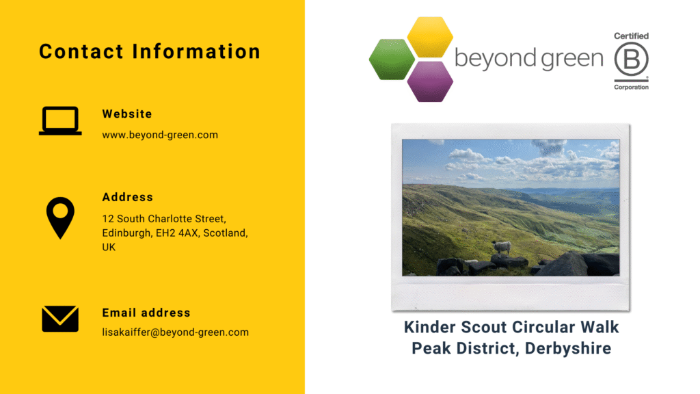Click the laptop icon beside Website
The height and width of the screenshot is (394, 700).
[x=60, y=121]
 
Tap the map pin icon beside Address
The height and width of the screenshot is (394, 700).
[x=60, y=217]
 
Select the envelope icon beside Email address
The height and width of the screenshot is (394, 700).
[x=60, y=319]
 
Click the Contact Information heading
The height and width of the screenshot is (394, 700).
[x=150, y=51]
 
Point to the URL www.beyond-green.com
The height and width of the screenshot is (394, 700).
[x=160, y=135]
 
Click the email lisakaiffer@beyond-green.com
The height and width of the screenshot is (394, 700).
[x=175, y=332]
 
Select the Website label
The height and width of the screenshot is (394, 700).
[x=127, y=114]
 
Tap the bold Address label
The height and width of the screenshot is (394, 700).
[x=128, y=197]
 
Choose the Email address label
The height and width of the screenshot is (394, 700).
[x=146, y=313]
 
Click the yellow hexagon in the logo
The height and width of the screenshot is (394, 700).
[x=430, y=36]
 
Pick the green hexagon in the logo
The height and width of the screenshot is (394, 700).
[x=392, y=59]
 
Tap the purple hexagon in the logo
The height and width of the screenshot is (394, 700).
[x=430, y=81]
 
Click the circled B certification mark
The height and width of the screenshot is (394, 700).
[x=631, y=62]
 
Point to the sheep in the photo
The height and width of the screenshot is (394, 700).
[x=501, y=247]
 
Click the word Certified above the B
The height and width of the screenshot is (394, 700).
[x=631, y=36]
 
